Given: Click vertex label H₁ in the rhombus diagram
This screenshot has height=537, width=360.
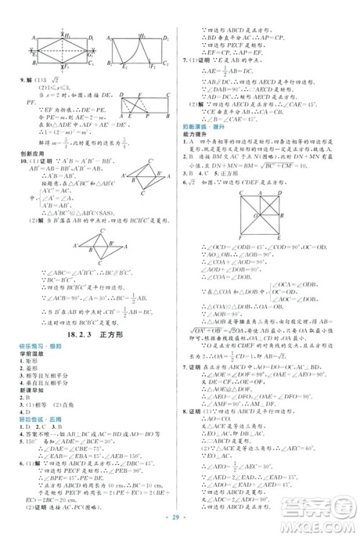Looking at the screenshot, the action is point(67,35).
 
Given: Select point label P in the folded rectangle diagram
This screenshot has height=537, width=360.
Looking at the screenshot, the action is point(148,114).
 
